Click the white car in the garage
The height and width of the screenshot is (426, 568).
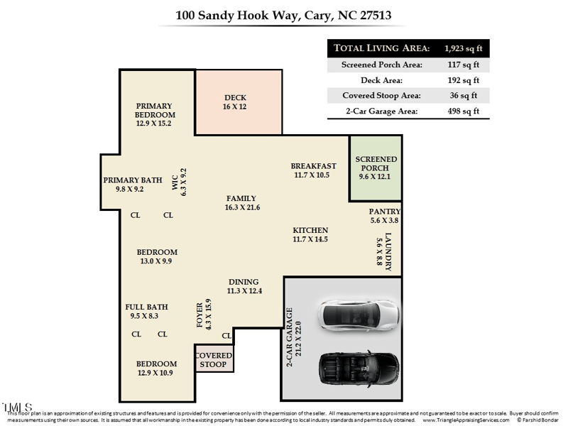tap(359, 313)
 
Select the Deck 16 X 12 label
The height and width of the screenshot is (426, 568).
tap(234, 102)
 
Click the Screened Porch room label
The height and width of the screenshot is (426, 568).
tap(376, 168)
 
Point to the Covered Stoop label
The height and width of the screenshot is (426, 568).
tap(213, 360)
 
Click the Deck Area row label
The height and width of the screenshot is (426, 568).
tap(383, 80)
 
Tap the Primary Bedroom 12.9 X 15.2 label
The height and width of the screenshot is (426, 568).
tap(155, 114)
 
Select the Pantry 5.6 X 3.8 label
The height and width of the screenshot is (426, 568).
tap(384, 216)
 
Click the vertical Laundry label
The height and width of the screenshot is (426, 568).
tap(384, 250)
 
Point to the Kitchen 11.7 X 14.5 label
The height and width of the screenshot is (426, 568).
tap(310, 234)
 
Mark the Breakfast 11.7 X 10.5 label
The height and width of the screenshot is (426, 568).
tap(312, 170)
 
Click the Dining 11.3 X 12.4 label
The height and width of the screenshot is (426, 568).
tap(244, 286)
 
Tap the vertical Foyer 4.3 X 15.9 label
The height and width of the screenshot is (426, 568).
tap(204, 314)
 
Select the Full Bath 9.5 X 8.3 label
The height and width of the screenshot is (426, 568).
tap(147, 311)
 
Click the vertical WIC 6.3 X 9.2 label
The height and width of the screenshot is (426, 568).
tap(179, 182)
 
